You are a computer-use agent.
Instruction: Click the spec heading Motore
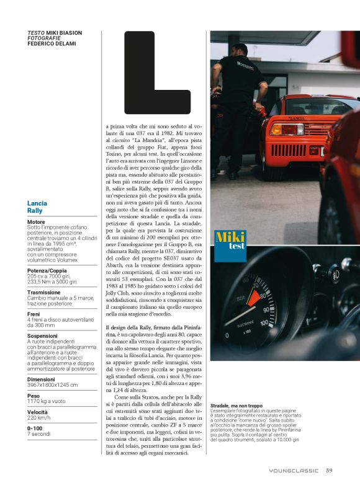pos(36,221)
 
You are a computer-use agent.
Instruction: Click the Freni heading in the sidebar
pos(34,314)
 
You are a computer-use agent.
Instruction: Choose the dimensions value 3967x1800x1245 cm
pos(53,384)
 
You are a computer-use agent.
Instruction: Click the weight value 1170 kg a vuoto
pos(46,401)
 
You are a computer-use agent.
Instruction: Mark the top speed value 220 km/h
pos(40,418)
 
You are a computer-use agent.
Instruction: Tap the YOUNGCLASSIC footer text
pos(294,471)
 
